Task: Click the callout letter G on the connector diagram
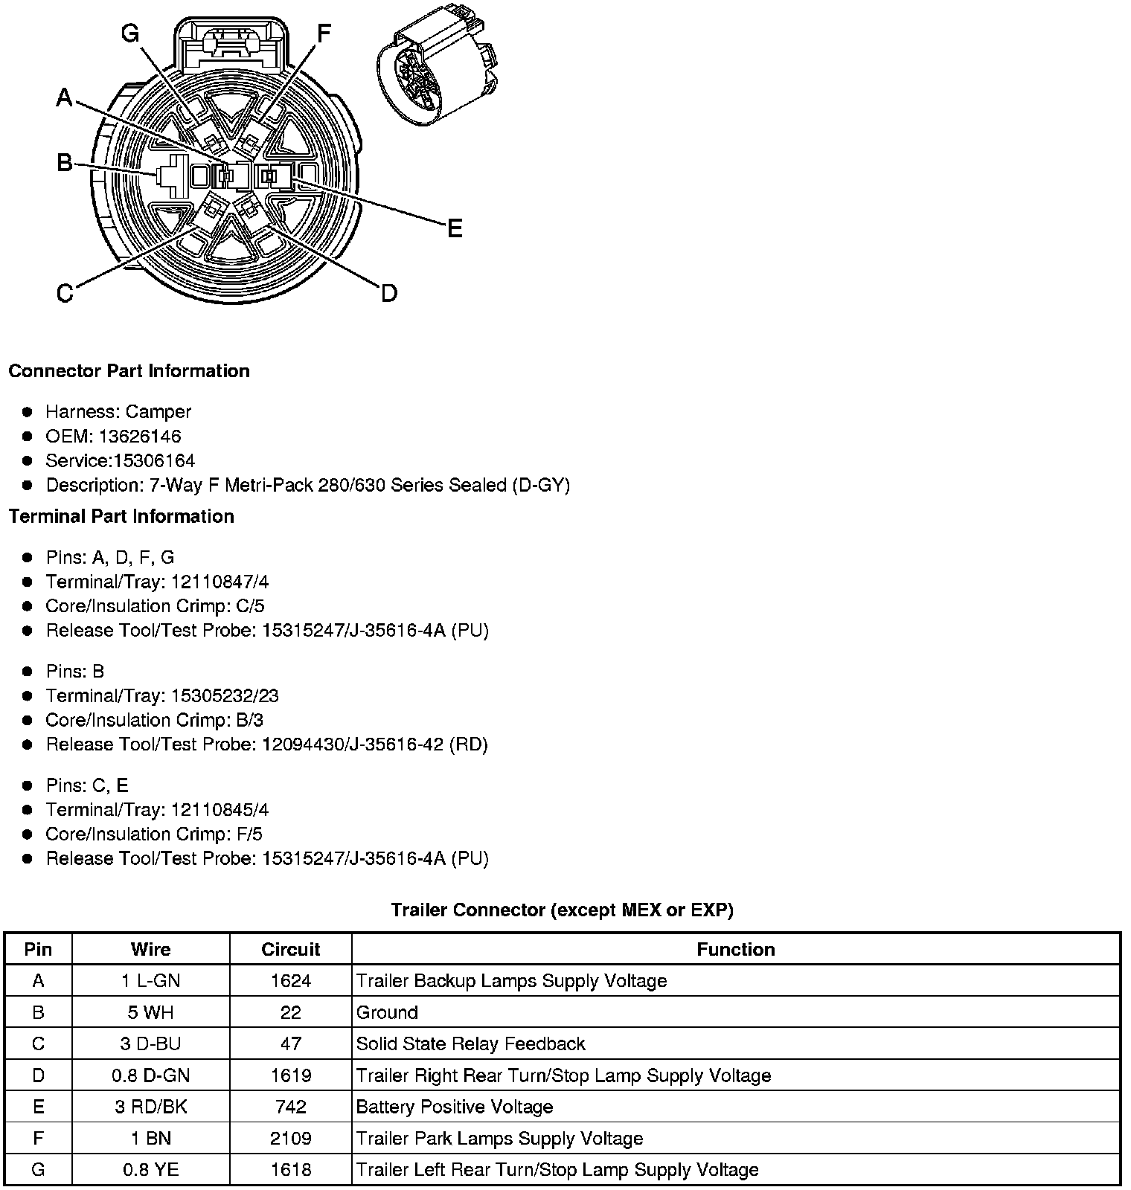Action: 130,33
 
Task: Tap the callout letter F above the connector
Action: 324,33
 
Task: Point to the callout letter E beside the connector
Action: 454,228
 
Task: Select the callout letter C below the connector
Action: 65,294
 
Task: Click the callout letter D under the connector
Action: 388,294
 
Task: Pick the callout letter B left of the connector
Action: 65,163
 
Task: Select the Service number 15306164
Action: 154,460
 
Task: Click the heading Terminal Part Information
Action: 121,516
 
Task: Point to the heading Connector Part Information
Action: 129,371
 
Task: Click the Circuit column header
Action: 290,949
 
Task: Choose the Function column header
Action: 735,949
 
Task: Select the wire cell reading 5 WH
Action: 150,1012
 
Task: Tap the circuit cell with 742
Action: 290,1107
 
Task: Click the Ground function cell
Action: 387,1012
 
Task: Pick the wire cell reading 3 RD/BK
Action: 150,1107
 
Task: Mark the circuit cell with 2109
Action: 290,1138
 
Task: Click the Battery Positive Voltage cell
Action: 454,1107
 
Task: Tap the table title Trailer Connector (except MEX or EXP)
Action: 562,910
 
